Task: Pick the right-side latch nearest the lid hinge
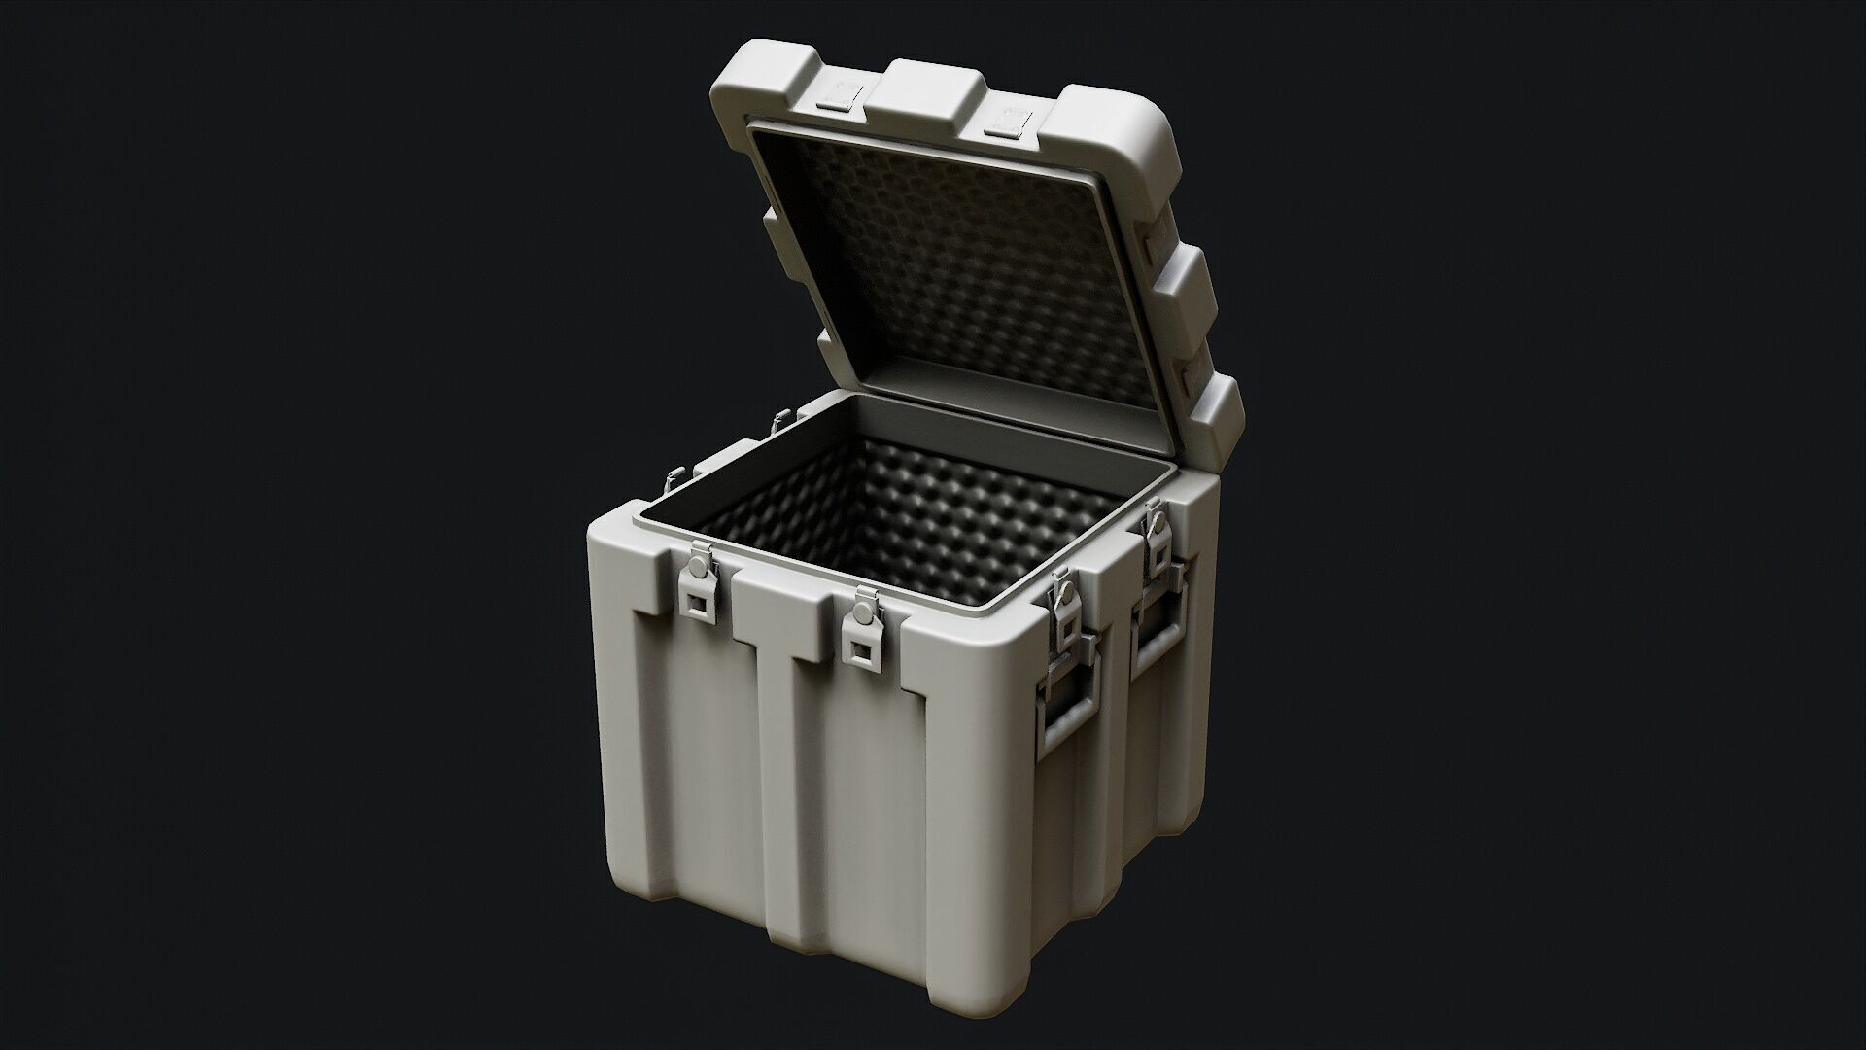1156,541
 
